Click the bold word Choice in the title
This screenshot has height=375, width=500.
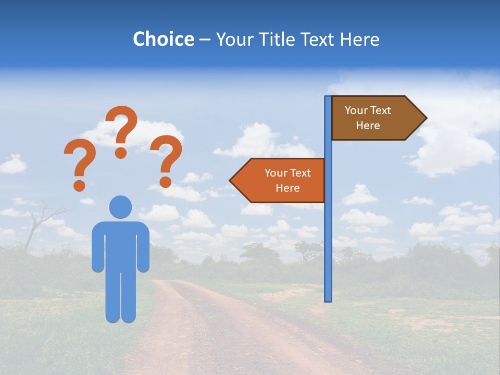click(x=163, y=39)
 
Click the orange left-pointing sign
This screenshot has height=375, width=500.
click(x=281, y=180)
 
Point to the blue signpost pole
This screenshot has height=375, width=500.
click(x=328, y=234)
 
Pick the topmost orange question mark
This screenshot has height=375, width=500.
click(x=122, y=125)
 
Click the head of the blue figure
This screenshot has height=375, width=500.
click(x=120, y=207)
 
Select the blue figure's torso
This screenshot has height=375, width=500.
click(x=120, y=245)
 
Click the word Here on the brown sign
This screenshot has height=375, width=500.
click(x=368, y=126)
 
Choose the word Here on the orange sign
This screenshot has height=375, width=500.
click(x=287, y=188)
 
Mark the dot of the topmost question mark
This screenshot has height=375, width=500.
click(x=121, y=153)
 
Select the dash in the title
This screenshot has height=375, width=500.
click(x=205, y=40)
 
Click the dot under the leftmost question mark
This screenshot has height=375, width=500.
click(x=79, y=185)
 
